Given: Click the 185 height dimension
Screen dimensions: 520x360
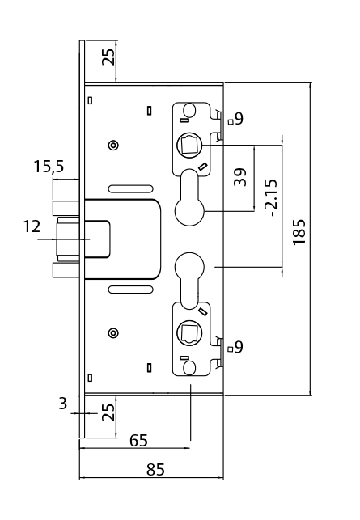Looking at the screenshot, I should pos(300,232).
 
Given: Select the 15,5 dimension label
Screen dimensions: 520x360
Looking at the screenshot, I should pos(49,167).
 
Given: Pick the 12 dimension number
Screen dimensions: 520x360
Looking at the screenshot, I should pos(32,226).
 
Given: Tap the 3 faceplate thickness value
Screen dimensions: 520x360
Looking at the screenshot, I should pos(63,403).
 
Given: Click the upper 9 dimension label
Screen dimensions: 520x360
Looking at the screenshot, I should pos(239,119).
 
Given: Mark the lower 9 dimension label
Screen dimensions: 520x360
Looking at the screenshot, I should pos(239,347).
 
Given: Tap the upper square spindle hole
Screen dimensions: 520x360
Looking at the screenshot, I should pos(188,146).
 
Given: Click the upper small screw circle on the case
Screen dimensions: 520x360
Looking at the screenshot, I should pos(113,145).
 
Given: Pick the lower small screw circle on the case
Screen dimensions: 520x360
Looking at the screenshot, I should pos(113,332).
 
